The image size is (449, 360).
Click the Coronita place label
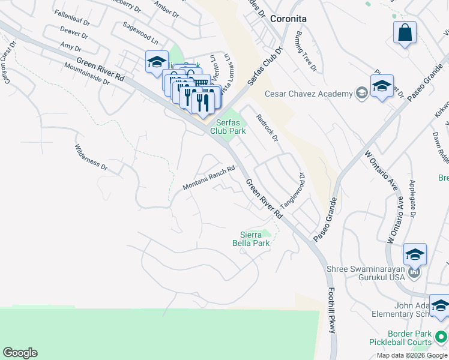(x=288, y=19)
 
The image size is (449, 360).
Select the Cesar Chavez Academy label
(x=309, y=94)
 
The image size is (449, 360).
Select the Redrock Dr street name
(x=268, y=128)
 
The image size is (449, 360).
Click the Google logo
(x=20, y=353)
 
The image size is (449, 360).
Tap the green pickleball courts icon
(x=442, y=337)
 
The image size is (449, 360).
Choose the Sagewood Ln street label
(x=140, y=34)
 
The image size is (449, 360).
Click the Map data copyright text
(x=411, y=355)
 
